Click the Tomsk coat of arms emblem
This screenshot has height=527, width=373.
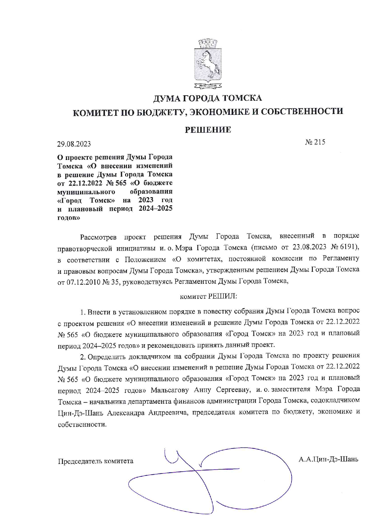coord(208,64)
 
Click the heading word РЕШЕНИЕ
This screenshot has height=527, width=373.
coord(208,130)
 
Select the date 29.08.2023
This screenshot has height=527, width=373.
coord(74,144)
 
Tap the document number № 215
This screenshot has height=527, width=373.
coord(315,142)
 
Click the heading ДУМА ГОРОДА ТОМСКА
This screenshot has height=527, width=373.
coord(208,98)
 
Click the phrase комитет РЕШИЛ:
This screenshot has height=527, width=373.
coord(208,296)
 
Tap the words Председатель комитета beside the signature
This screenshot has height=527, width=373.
coord(96,461)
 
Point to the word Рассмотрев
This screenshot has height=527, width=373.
coord(98,237)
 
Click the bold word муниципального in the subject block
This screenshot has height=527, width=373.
coord(86,191)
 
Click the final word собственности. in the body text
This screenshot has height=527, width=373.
coord(82,424)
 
